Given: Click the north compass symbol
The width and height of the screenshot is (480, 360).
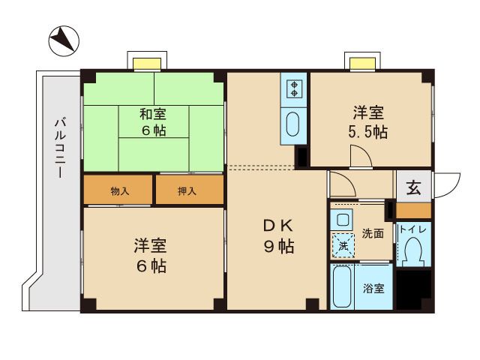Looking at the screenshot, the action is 64,41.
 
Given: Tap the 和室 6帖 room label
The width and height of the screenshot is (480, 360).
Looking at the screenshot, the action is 153,122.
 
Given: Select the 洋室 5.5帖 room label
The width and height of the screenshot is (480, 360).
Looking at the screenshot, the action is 367,121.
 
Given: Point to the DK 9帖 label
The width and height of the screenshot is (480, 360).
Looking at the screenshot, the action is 278,236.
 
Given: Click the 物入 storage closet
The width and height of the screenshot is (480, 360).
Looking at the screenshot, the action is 118,190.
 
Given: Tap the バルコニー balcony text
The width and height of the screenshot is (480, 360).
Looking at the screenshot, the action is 60,148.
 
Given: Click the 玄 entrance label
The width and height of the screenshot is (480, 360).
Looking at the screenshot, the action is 413,187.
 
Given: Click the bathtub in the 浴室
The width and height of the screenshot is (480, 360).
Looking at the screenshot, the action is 342,286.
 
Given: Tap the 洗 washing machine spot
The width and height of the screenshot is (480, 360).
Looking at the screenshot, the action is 343,246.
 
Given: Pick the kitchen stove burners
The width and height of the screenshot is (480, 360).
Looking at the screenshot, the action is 294,88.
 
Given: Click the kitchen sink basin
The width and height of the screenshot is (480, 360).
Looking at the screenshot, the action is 293,124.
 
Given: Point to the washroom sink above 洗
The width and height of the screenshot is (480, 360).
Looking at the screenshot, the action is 341,219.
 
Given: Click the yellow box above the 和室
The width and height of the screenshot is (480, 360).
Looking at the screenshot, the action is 147,64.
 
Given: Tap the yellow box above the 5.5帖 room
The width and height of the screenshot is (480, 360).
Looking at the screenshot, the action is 363,64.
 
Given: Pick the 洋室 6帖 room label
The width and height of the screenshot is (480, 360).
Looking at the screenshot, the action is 150,255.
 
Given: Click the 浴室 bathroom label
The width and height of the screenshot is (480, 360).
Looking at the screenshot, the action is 373,288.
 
